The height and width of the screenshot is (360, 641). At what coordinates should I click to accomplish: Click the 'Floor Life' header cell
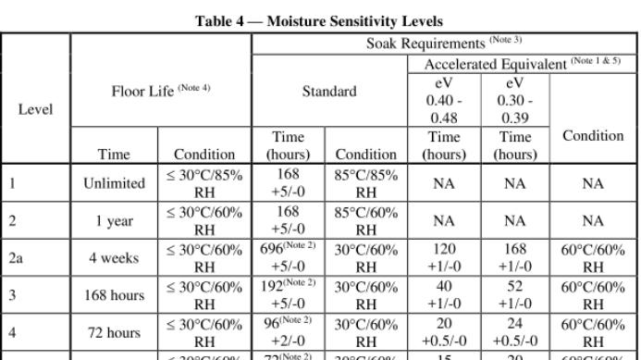160,90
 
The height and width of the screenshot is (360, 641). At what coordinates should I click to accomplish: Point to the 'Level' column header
35,108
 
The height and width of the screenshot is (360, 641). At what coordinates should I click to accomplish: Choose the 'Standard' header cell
329,91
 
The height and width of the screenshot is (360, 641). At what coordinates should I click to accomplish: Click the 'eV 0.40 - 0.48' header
444,100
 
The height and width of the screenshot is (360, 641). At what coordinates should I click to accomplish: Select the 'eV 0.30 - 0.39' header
515,100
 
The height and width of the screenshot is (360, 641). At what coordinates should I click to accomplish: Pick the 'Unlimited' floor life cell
115,183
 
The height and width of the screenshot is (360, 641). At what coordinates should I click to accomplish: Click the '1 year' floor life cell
115,220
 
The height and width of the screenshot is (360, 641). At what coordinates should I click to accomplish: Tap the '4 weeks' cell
115,258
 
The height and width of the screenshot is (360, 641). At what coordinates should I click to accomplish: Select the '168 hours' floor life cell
115,295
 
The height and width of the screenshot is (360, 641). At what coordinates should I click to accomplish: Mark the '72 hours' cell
115,332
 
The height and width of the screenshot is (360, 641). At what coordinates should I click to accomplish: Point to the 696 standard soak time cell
288,258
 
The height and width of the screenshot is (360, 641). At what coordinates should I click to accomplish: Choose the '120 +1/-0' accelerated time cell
444,258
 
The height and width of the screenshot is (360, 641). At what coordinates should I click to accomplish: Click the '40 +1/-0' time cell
444,295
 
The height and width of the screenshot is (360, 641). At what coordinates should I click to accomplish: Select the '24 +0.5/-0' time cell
515,332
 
